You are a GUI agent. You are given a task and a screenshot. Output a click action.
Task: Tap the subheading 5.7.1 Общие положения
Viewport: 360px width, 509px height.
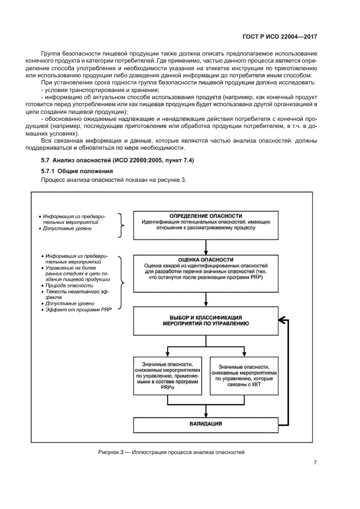[x=73, y=171]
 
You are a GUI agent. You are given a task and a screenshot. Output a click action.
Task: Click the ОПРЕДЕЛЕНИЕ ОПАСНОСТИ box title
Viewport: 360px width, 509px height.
[x=206, y=216]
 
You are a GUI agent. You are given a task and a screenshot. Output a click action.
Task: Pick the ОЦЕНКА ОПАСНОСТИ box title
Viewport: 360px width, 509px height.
[x=206, y=260]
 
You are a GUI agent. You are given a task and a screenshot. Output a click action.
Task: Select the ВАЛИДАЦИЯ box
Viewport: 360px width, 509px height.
[x=206, y=423]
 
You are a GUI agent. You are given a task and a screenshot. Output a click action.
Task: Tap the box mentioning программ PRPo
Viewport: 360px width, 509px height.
[x=168, y=375]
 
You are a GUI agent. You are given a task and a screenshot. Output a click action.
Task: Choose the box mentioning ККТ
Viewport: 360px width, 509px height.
[x=243, y=375]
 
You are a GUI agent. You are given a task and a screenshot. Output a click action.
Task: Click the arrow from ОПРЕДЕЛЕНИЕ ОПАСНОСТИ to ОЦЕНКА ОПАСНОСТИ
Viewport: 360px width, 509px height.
[x=206, y=248]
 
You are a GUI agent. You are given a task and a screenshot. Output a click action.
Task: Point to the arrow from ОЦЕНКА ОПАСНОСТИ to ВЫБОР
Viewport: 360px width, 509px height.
[x=206, y=299]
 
